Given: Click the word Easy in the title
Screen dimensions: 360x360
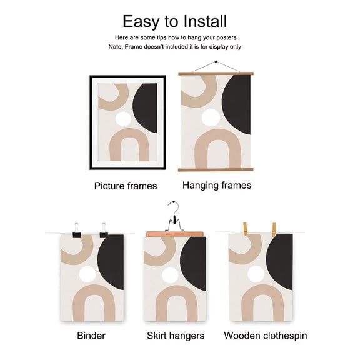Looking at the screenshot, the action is pyautogui.click(x=141, y=22).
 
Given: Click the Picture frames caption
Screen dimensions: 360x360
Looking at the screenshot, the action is pyautogui.click(x=126, y=186).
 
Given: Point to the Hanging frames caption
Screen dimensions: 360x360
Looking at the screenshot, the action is pyautogui.click(x=217, y=185).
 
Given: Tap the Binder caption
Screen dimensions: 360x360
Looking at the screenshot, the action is pyautogui.click(x=91, y=336).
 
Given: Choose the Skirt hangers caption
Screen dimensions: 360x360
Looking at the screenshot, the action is pyautogui.click(x=176, y=336).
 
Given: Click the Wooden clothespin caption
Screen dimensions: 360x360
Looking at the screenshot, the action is pyautogui.click(x=266, y=336).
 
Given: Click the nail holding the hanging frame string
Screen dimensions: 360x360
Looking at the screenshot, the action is pyautogui.click(x=216, y=61).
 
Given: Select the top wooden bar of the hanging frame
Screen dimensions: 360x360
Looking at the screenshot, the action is pyautogui.click(x=216, y=74).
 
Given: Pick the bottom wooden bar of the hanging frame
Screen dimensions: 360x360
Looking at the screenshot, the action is pyautogui.click(x=216, y=170).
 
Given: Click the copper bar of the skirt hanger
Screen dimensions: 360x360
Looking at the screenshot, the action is pyautogui.click(x=175, y=234).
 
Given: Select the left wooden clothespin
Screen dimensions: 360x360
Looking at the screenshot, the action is pyautogui.click(x=246, y=229).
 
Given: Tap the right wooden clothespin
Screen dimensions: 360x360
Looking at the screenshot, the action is pyautogui.click(x=274, y=229).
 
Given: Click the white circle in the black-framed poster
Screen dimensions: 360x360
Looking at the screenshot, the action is pyautogui.click(x=123, y=119).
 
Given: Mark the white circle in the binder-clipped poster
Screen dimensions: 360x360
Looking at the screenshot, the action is pyautogui.click(x=87, y=274).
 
